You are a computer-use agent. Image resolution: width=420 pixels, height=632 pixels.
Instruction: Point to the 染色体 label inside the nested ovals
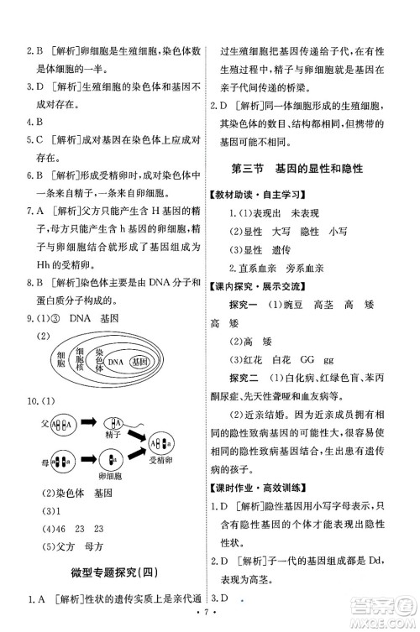98,361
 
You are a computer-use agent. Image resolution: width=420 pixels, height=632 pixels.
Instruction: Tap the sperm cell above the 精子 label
116,420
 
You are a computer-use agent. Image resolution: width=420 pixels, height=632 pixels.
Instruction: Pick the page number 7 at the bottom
209,622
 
